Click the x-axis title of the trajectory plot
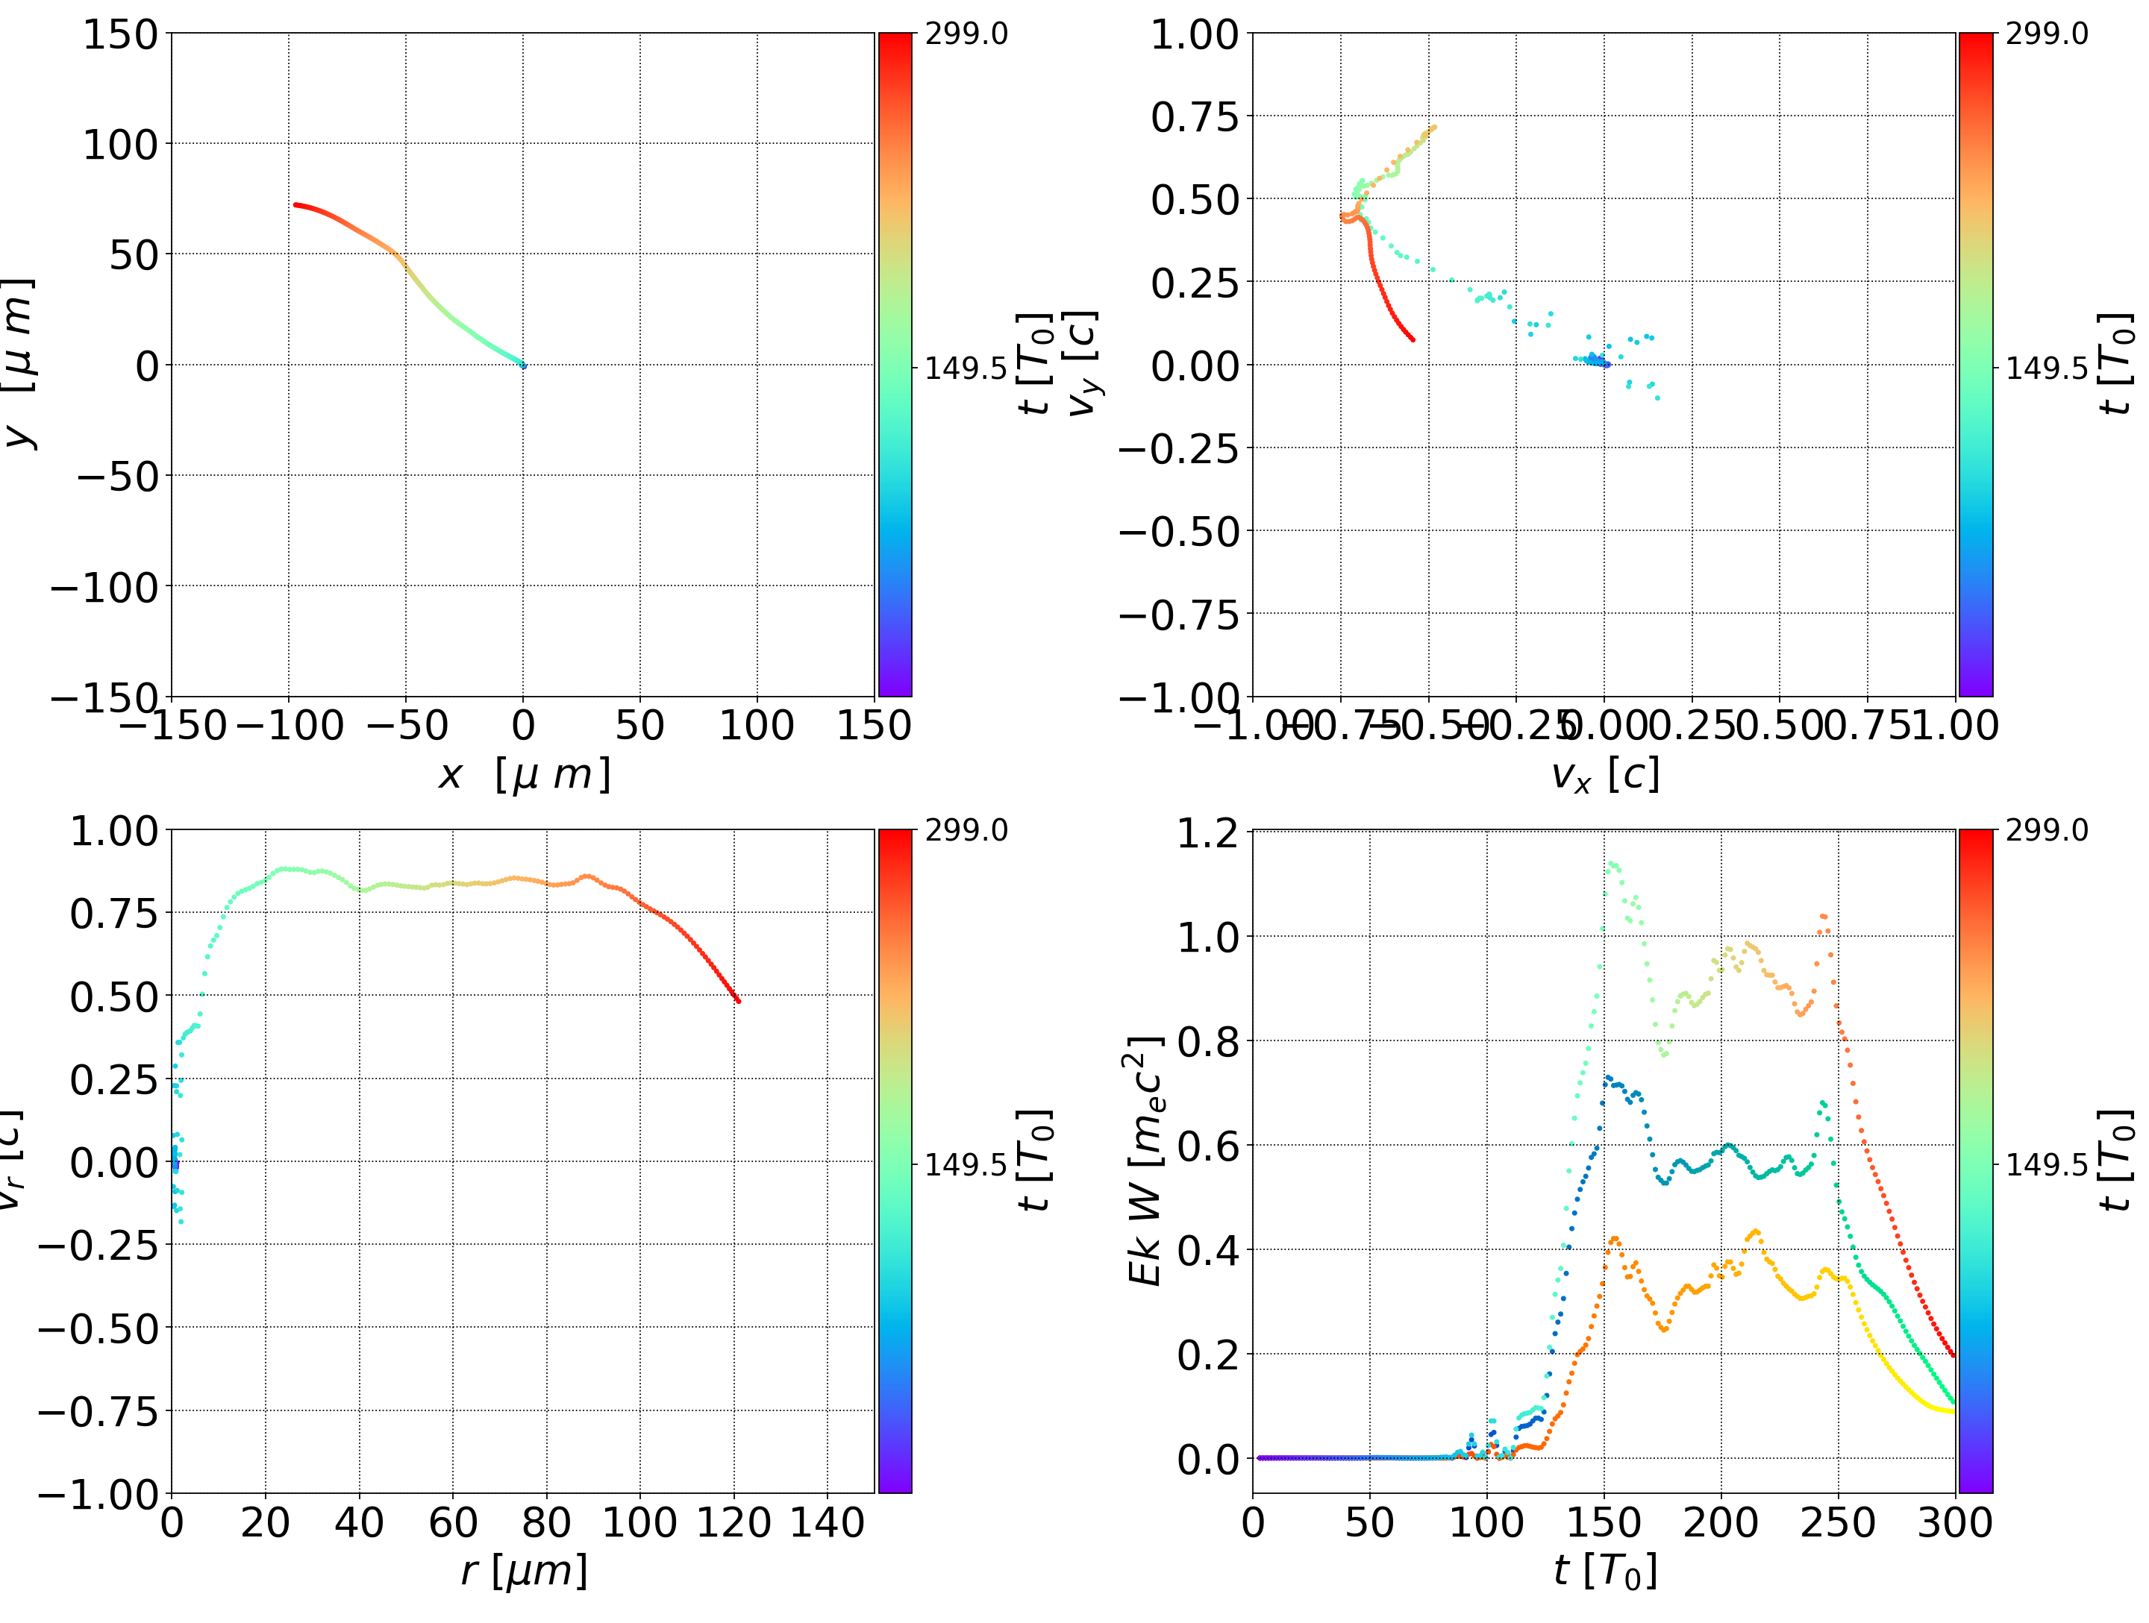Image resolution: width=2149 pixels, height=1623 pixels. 524,775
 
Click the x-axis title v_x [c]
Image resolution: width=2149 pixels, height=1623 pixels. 1604,775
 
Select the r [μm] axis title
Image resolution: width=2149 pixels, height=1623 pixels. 524,1571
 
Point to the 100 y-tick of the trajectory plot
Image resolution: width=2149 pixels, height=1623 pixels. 119,145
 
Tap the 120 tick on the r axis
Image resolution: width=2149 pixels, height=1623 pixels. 733,1522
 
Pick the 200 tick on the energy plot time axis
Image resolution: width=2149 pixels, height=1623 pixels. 1721,1522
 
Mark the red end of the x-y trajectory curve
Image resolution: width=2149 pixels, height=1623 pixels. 295,205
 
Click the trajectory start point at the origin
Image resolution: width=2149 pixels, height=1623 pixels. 524,365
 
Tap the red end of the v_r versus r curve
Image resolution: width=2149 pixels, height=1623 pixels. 739,1000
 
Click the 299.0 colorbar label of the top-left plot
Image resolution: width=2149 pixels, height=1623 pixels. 966,34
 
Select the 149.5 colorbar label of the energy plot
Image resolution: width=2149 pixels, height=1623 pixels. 2046,1164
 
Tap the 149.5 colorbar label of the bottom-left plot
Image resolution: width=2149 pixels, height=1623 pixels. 966,1164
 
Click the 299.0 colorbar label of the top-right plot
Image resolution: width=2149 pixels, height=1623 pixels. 2046,34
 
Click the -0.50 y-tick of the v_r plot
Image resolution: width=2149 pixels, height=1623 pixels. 97,1328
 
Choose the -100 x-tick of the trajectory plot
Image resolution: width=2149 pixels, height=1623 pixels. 290,726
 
